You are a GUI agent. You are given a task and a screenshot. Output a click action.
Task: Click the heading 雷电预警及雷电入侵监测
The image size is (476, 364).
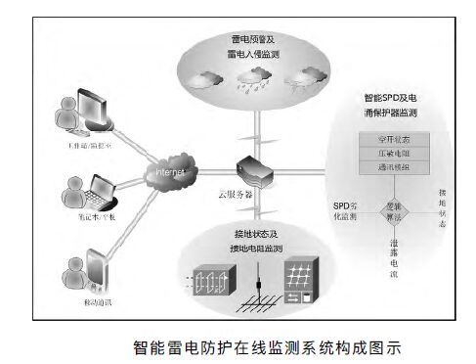[246, 47]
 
